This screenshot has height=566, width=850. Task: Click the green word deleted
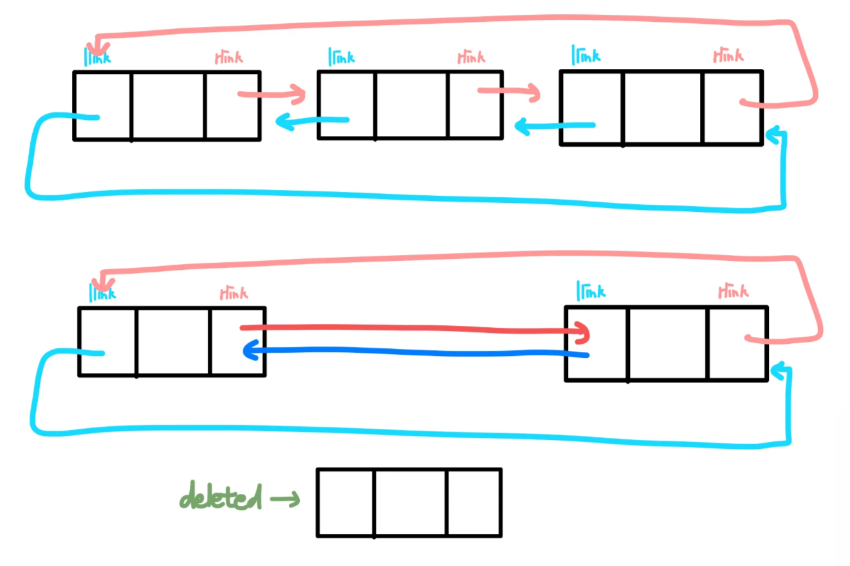pyautogui.click(x=221, y=497)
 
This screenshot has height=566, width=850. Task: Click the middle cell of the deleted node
pyautogui.click(x=410, y=502)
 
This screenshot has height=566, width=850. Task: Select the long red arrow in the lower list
pyautogui.click(x=415, y=329)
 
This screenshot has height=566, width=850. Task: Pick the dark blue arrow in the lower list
pyautogui.click(x=415, y=352)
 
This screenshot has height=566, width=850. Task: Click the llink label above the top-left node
pyautogui.click(x=98, y=57)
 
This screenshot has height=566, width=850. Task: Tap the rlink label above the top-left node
pyautogui.click(x=228, y=57)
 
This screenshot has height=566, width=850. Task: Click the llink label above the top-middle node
pyautogui.click(x=341, y=57)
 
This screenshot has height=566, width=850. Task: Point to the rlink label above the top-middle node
pyautogui.click(x=471, y=57)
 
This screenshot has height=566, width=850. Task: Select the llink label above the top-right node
pyautogui.click(x=586, y=55)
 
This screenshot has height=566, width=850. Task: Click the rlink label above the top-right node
pyautogui.click(x=728, y=56)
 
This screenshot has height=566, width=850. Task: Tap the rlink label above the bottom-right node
pyautogui.click(x=733, y=292)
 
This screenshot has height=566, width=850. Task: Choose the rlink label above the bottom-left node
pyautogui.click(x=233, y=294)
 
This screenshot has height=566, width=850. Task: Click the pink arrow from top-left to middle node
pyautogui.click(x=272, y=95)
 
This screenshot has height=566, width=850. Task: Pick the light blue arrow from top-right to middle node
pyautogui.click(x=555, y=126)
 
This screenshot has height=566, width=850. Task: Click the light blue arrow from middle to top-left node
pyautogui.click(x=312, y=121)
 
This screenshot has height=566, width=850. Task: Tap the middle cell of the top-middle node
pyautogui.click(x=412, y=104)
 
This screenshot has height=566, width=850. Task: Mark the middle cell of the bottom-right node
pyautogui.click(x=668, y=343)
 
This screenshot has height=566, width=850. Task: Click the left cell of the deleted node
pyautogui.click(x=346, y=502)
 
